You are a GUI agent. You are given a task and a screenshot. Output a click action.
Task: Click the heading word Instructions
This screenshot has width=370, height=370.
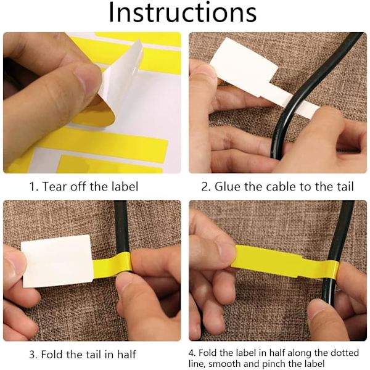pyautogui.click(x=183, y=12)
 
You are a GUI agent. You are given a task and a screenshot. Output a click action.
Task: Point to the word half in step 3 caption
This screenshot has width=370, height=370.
pyautogui.click(x=126, y=355)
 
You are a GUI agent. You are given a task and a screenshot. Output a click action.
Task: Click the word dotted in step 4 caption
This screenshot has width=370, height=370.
pyautogui.click(x=345, y=353)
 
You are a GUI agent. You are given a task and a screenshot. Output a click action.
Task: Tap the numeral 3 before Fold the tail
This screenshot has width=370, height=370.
pyautogui.click(x=33, y=355)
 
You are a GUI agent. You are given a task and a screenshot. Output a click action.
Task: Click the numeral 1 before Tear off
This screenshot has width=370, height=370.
pyautogui.click(x=32, y=186)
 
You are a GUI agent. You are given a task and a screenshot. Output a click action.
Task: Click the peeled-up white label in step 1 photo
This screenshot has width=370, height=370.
pyautogui.click(x=118, y=80)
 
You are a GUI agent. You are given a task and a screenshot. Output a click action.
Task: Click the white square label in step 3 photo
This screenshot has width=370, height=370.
pyautogui.click(x=57, y=261)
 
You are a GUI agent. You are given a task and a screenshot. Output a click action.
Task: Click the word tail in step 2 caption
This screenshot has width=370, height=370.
pyautogui.click(x=346, y=186)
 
